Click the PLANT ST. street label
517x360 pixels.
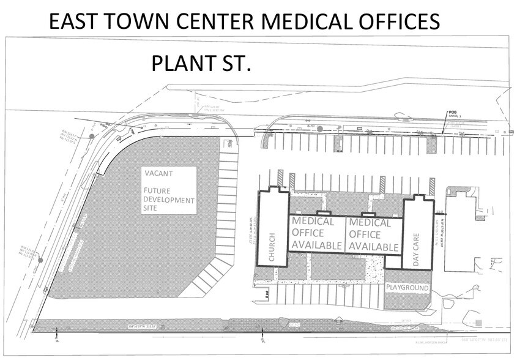201,64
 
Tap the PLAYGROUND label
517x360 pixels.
407,288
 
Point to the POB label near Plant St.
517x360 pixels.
453,113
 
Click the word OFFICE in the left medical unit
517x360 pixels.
310,233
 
